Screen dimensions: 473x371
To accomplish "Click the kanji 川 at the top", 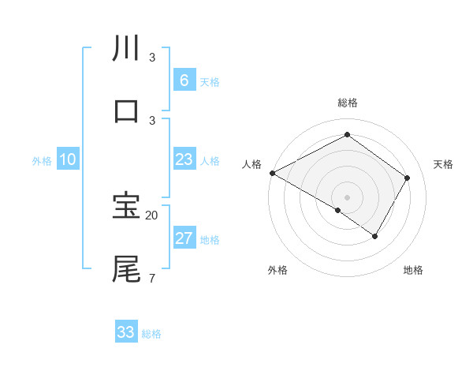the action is (126, 49).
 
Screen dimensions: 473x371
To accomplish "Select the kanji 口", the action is (126, 111).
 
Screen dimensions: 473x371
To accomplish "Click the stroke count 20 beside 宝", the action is (152, 215).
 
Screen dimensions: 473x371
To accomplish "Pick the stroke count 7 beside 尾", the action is (151, 278).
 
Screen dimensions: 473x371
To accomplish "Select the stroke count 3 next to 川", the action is (151, 58).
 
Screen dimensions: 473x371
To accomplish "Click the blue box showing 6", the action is (184, 81).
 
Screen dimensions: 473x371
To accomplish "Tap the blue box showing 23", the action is (184, 159).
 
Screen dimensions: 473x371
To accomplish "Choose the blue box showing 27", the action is (184, 238).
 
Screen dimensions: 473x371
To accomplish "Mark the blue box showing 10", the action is (68, 159).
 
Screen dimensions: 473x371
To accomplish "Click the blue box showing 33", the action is (126, 332).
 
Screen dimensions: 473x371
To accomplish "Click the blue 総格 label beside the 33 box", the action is (151, 334).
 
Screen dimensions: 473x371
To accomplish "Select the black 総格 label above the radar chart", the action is (347, 103).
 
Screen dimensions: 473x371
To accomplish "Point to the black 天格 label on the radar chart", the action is (443, 164).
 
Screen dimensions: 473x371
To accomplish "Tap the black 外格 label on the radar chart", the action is (277, 270).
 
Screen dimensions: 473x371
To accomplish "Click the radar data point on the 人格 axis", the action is (272, 173).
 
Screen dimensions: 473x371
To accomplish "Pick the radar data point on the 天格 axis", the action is (407, 178).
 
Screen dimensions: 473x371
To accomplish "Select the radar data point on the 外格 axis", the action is (338, 210).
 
